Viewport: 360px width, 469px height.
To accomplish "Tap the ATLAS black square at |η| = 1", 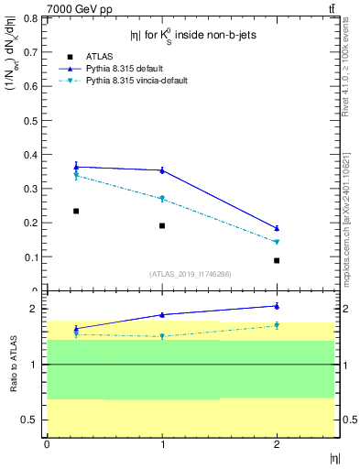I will click(x=162, y=225).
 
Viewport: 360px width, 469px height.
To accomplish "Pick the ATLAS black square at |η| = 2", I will click(x=277, y=260).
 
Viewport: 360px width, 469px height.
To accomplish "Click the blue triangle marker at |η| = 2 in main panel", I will click(x=277, y=228).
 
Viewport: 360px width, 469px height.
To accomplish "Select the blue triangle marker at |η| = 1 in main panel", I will click(x=162, y=169).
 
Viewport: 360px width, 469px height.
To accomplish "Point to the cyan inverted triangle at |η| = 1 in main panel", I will click(x=162, y=199).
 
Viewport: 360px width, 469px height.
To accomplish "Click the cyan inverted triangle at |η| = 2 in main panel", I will click(x=277, y=242).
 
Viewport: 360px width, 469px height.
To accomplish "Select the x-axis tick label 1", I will click(x=162, y=444).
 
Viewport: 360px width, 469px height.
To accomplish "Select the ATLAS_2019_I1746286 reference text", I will click(x=190, y=274).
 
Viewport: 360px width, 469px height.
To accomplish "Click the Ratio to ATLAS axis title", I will click(x=13, y=365).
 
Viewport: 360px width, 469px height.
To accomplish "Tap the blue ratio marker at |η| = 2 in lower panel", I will click(x=277, y=306).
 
